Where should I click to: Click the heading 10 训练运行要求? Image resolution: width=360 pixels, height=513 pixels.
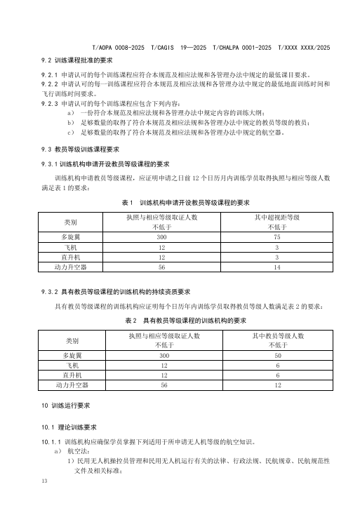click(x=69, y=407)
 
